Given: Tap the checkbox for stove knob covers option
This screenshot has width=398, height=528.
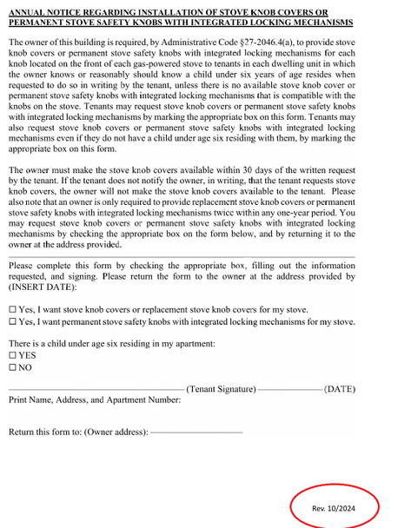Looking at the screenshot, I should tap(12, 309).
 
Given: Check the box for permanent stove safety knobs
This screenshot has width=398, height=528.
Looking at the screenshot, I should tap(12, 322).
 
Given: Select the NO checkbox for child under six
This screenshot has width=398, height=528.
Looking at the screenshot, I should tap(12, 367).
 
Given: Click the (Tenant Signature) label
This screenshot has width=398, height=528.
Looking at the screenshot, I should tap(221, 389).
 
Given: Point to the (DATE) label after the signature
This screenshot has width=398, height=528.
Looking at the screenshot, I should tap(339, 389).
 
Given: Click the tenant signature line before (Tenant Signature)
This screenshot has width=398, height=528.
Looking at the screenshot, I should tap(96, 390).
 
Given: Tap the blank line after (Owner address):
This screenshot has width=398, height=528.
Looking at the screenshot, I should tap(196, 432).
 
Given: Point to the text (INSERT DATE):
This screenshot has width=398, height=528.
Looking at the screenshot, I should tap(43, 285).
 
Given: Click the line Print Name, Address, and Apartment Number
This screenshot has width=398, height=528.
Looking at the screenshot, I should tap(95, 400).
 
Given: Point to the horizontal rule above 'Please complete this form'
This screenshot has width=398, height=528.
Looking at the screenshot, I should tap(182, 256).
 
